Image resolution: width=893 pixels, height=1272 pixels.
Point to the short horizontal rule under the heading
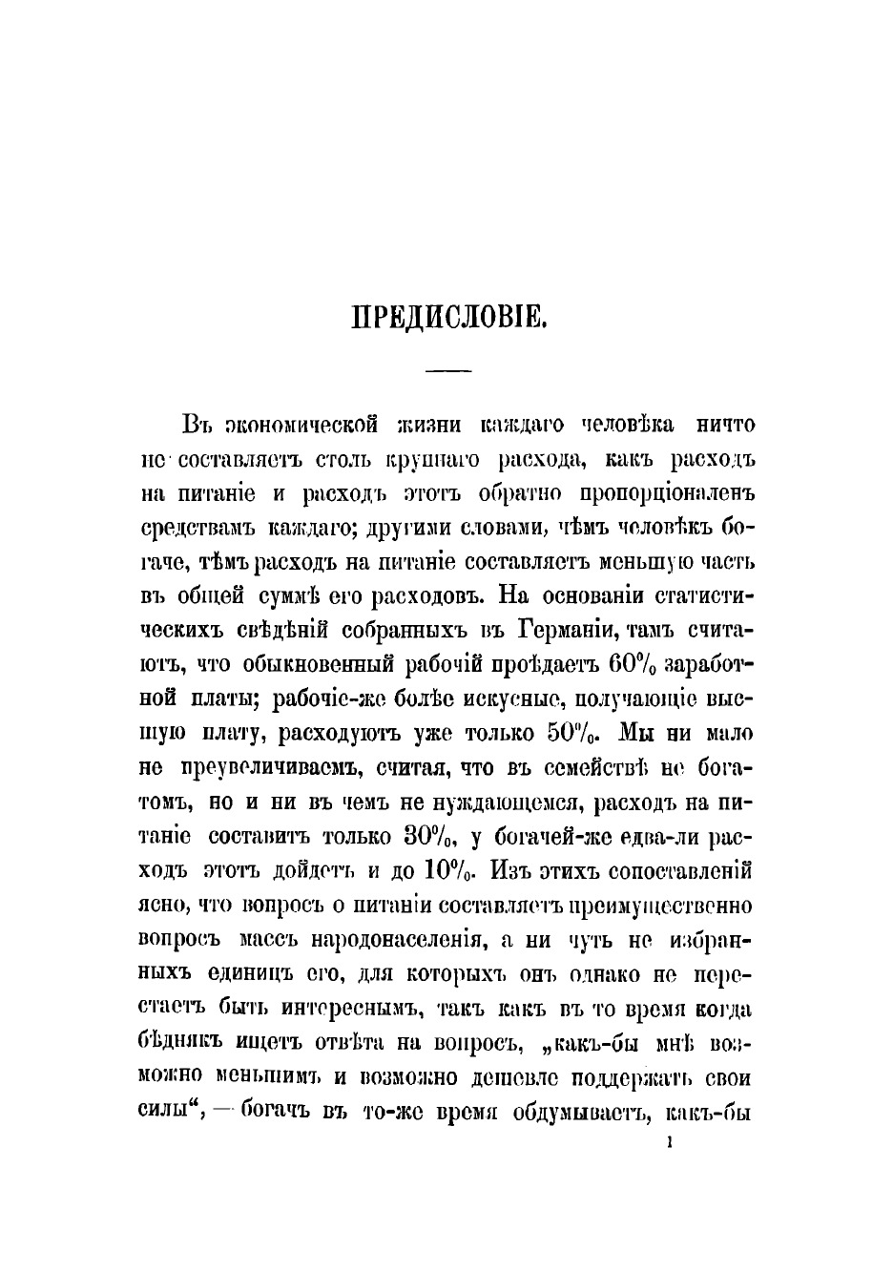coord(447,369)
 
